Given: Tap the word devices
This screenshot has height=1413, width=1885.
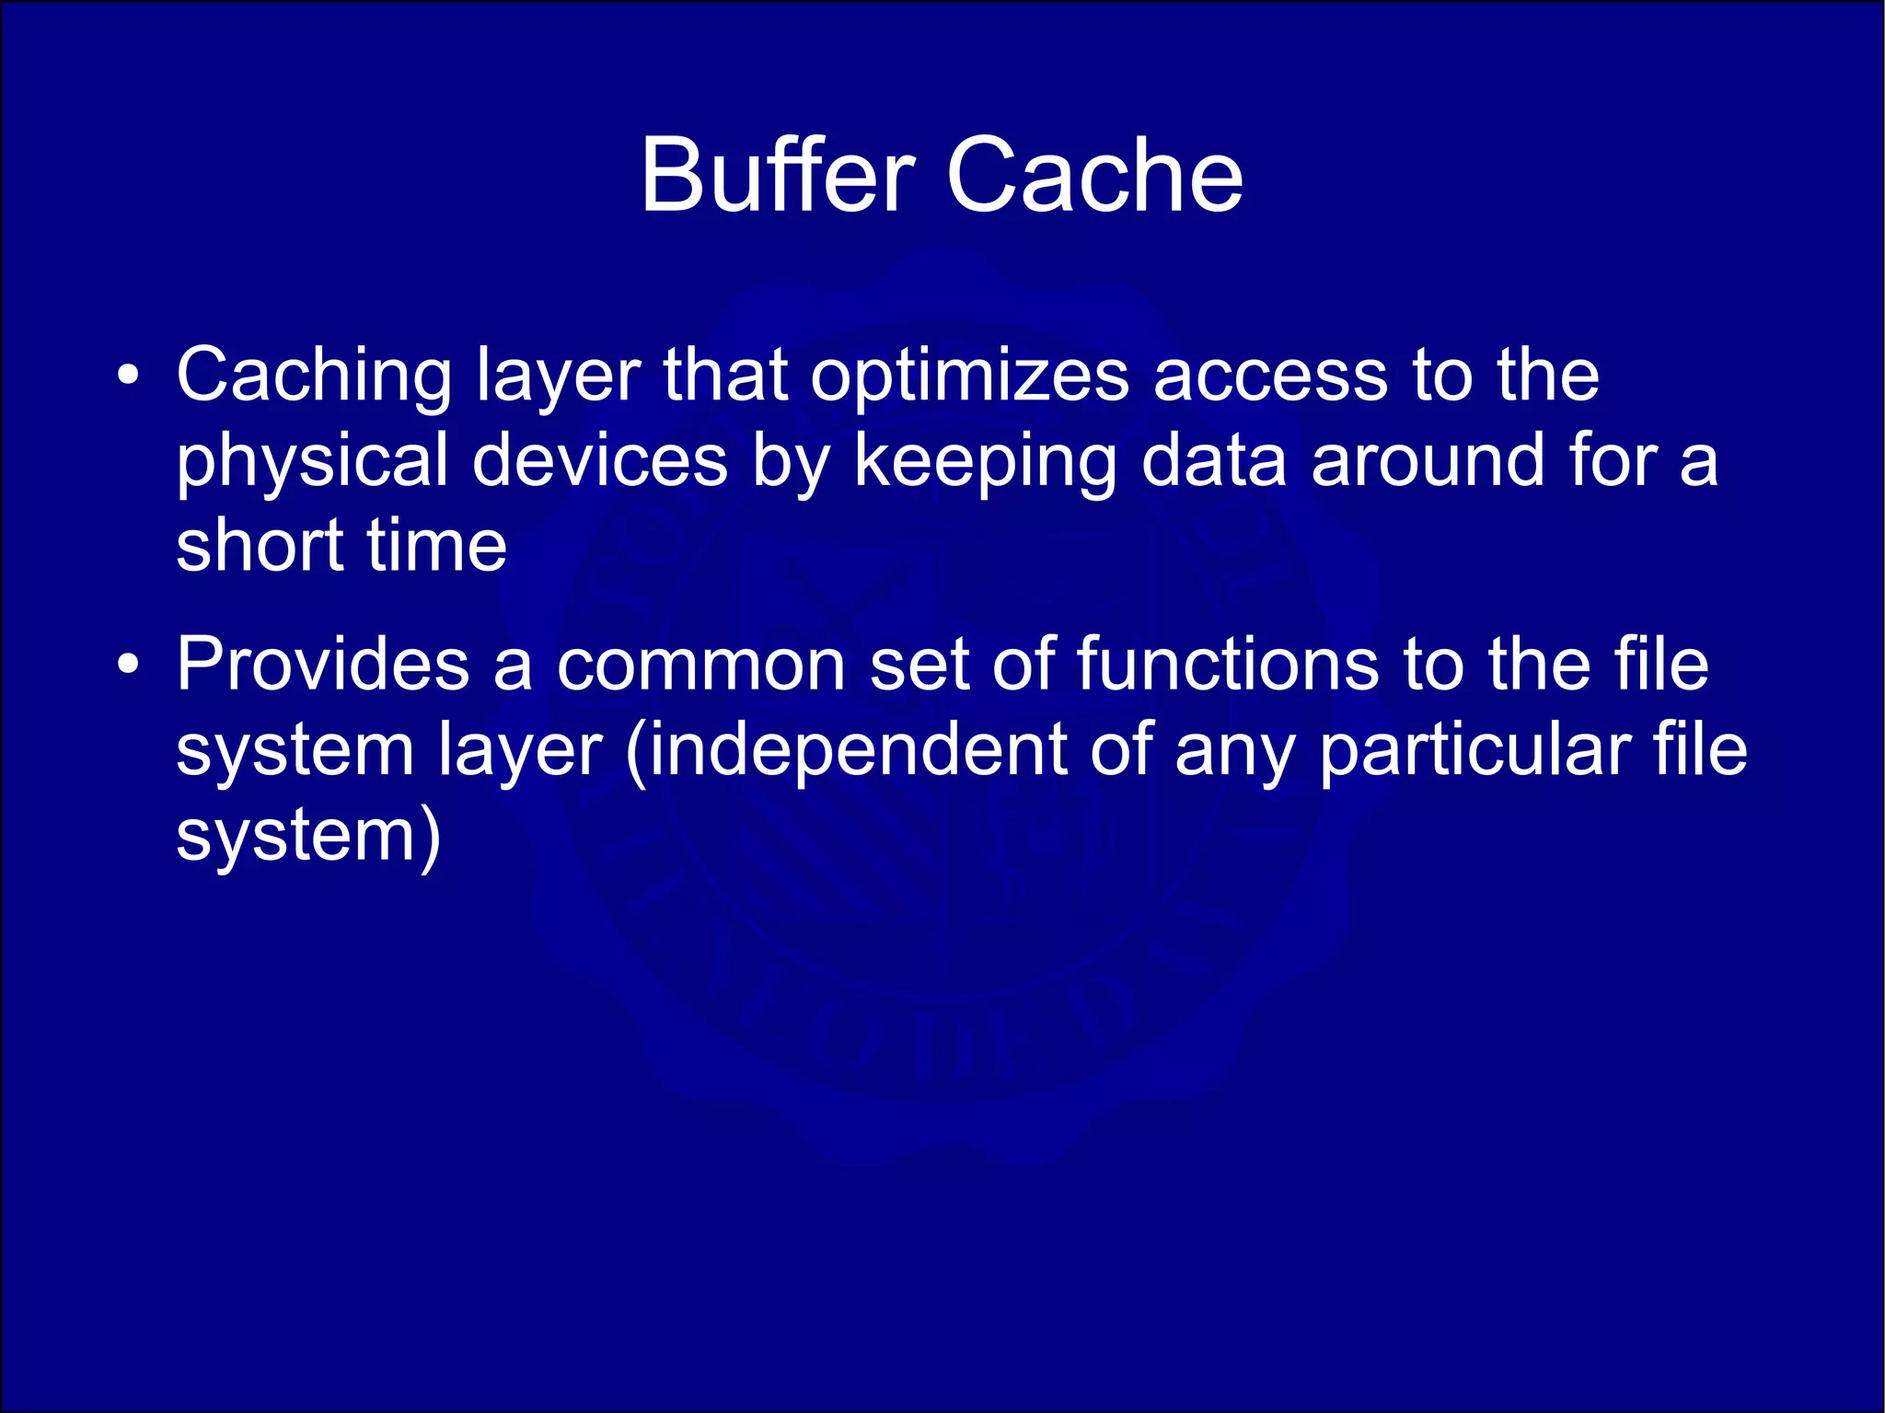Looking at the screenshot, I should point(600,460).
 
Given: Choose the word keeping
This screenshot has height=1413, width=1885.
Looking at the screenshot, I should point(985,460).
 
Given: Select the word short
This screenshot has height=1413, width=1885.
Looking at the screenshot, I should point(260,545).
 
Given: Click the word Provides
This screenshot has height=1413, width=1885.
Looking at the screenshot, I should point(323,664).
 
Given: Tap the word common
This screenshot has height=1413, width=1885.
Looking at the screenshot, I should point(700,664).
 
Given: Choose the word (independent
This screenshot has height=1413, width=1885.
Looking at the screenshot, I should point(846,749).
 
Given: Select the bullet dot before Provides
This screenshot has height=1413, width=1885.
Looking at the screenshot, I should point(129,664).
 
